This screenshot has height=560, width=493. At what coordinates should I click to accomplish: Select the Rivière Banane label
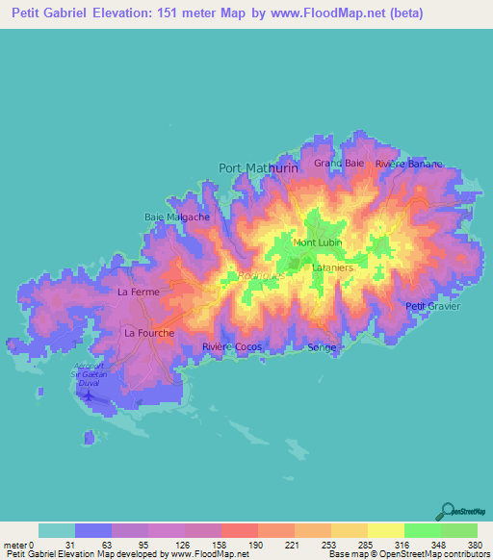(x=409, y=164)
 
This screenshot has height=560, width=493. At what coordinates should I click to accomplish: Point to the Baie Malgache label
(x=177, y=216)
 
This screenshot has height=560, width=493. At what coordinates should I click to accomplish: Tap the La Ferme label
(x=137, y=291)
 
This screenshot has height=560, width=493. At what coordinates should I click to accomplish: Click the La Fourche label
(x=149, y=333)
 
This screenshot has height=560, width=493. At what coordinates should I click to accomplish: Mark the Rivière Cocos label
(x=232, y=346)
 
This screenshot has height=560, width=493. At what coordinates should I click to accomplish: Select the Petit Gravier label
(x=433, y=306)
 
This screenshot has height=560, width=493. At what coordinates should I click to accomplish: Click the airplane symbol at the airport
(x=90, y=394)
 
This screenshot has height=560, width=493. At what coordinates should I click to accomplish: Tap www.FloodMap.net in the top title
(x=314, y=14)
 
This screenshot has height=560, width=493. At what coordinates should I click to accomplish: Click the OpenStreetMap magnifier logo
(x=447, y=511)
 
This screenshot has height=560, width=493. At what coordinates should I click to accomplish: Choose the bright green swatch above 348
(x=422, y=530)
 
